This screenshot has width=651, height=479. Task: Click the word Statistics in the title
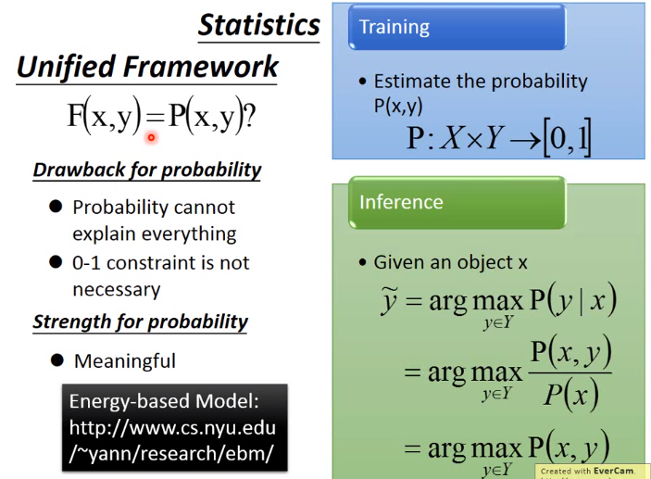click(259, 25)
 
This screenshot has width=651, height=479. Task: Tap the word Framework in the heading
click(201, 67)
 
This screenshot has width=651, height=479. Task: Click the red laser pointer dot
click(151, 137)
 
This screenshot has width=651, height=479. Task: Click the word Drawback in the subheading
click(80, 170)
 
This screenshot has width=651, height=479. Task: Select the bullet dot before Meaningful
click(56, 360)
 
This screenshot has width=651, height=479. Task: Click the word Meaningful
click(125, 361)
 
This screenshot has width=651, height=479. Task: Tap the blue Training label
click(457, 27)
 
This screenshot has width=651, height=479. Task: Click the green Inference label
click(457, 202)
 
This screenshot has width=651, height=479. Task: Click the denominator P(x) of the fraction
click(571, 393)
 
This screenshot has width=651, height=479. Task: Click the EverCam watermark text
click(587, 471)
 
